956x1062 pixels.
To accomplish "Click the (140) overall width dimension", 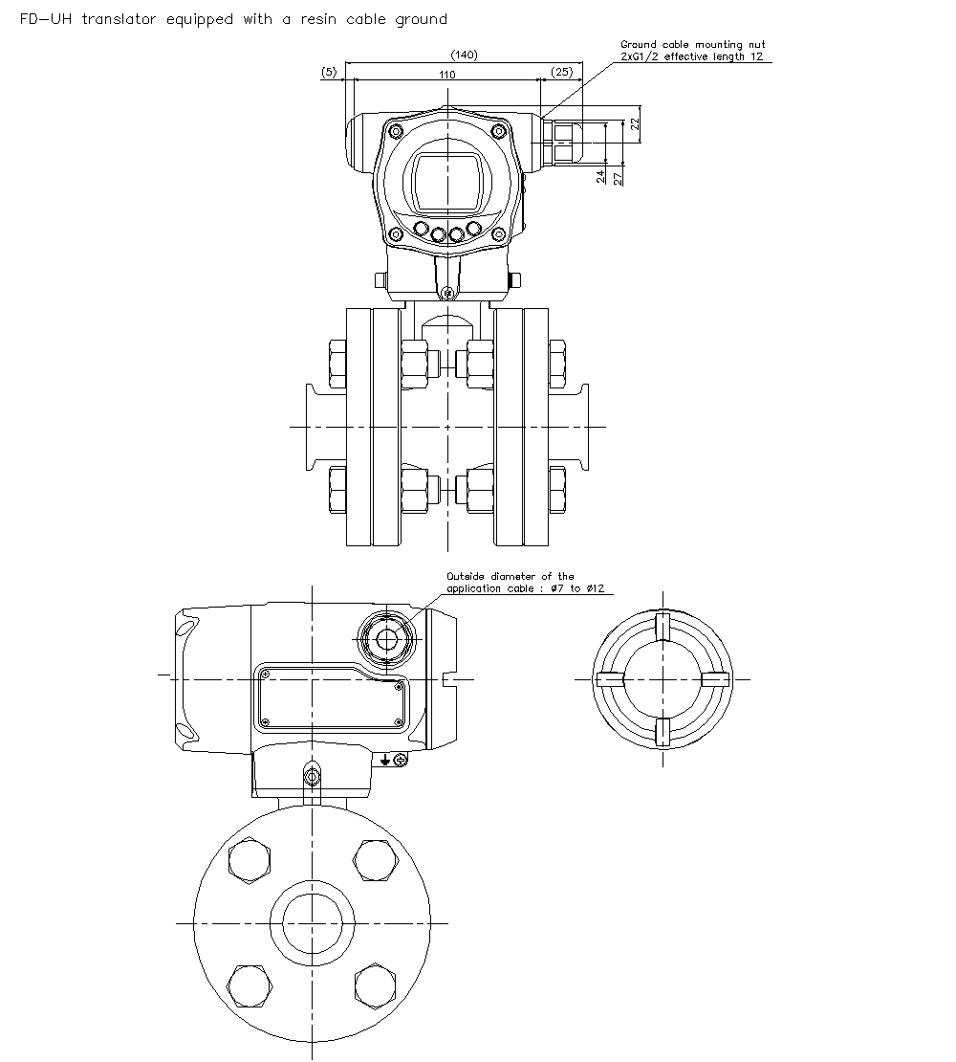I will point(464,55).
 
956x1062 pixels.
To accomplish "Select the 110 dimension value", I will point(446,74).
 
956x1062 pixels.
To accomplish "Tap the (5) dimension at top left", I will point(329,73).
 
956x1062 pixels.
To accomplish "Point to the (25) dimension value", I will point(561,73).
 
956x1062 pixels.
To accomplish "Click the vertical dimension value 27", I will point(619,177).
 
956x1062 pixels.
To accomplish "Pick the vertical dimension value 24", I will point(600,177).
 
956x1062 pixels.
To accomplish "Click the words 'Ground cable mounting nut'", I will point(692,44).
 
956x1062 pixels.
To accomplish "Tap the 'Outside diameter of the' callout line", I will point(511,576).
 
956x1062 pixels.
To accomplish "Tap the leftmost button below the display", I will point(421,230).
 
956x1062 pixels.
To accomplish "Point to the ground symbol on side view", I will point(384,760).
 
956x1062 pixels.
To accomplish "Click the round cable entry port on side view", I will point(386,638).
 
